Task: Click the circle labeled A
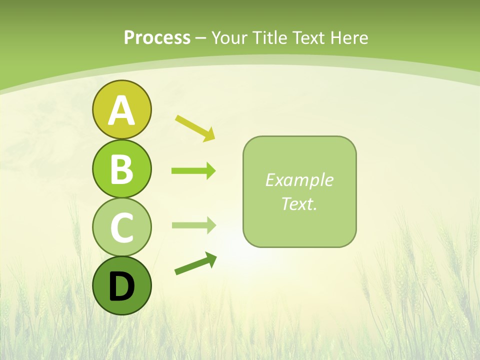[x=121, y=109]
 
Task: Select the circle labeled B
[x=121, y=168]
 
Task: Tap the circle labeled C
[x=121, y=227]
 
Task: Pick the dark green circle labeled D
[x=121, y=285]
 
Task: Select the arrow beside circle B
[x=193, y=171]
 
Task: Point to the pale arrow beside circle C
[x=193, y=225]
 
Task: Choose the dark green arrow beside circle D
[x=195, y=263]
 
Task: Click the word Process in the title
[x=157, y=37]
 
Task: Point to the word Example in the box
[x=299, y=180]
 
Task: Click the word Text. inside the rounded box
[x=299, y=203]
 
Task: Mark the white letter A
[x=121, y=110]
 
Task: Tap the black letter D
[x=121, y=286]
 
